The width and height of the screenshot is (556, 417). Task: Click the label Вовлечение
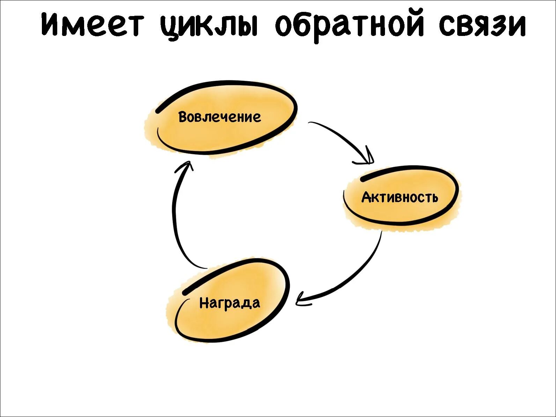point(220,117)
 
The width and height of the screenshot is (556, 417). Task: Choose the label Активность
point(400,198)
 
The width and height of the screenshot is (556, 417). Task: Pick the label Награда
point(230,303)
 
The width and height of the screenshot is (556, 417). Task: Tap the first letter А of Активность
point(366,198)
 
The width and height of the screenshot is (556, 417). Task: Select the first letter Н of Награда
point(204,303)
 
